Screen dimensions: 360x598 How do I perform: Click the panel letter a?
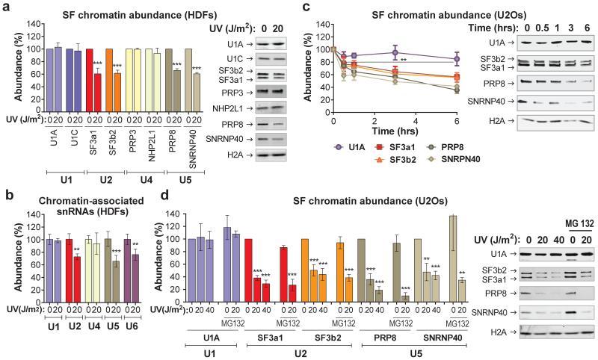pos(6,7)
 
